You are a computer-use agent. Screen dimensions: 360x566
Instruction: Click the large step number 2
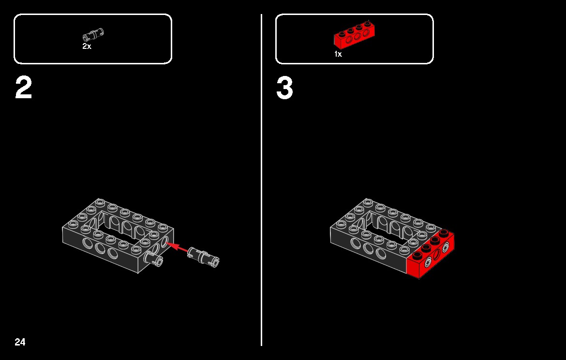point(24,89)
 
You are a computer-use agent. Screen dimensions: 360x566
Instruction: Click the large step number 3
point(284,89)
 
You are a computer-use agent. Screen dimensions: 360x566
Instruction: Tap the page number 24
point(20,343)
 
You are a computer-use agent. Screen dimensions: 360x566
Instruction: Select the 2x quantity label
point(87,47)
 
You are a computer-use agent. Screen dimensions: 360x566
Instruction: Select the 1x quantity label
point(338,54)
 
